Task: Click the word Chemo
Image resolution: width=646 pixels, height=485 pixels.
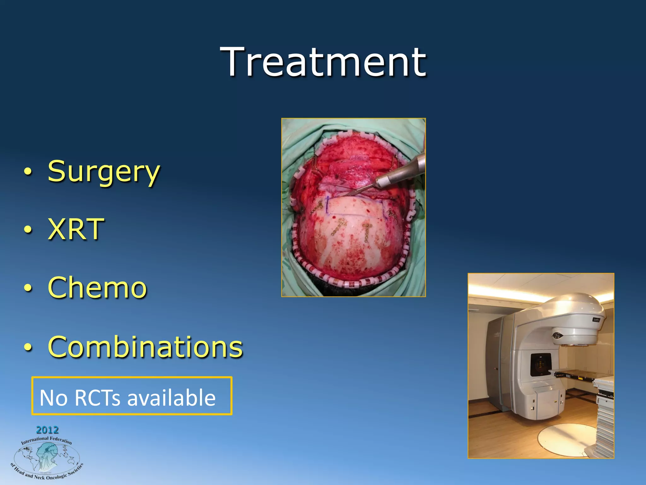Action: click(x=97, y=287)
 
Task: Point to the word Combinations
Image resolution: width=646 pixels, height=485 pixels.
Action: click(x=145, y=347)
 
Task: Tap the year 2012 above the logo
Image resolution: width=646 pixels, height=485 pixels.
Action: click(x=47, y=430)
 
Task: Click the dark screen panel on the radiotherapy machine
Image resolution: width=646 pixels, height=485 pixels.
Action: click(x=540, y=365)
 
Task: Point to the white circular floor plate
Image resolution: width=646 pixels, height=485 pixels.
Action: click(x=565, y=439)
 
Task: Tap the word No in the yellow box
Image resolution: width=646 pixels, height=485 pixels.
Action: click(x=53, y=398)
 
